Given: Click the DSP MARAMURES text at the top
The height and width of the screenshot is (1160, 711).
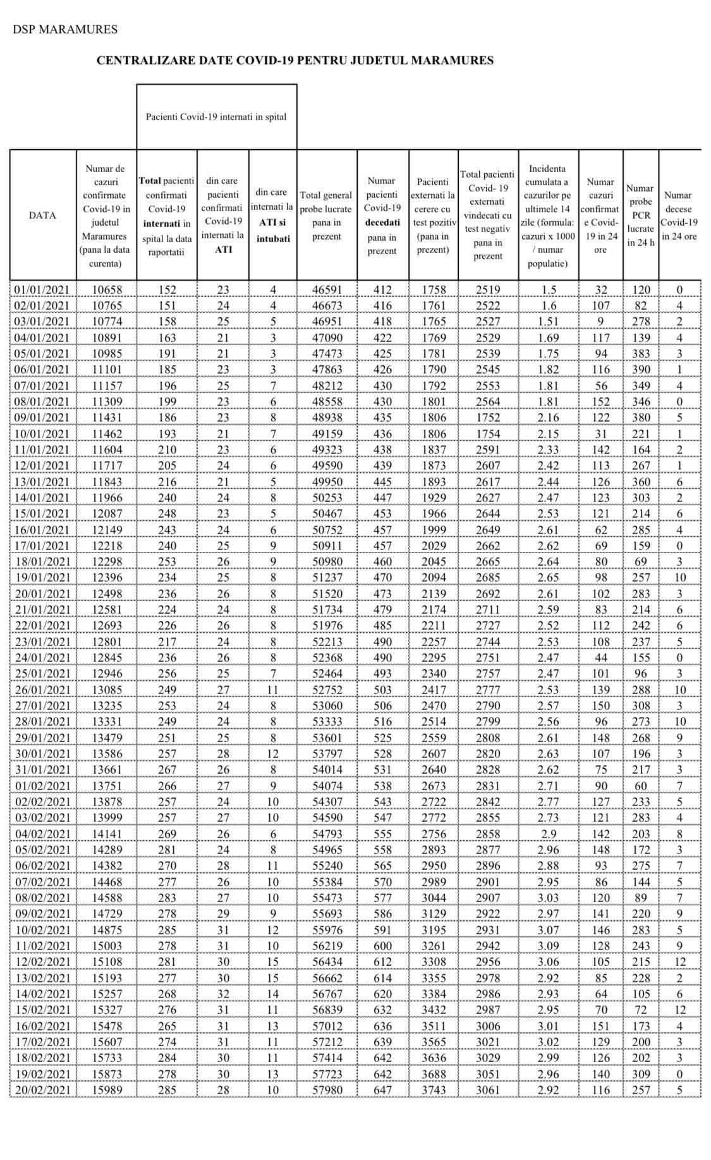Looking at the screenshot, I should pos(64,30).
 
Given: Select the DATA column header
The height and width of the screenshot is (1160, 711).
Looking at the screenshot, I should pos(42,215).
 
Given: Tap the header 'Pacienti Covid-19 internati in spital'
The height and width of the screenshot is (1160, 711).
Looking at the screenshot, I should pos(216,117).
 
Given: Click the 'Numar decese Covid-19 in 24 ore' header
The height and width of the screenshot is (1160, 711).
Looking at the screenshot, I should pos(679,215).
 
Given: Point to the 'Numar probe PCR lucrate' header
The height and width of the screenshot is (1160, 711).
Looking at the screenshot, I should pos(640,215).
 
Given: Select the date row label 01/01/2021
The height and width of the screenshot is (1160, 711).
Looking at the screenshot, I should pos(42,290).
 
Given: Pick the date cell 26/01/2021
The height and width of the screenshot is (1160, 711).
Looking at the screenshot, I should pos(42,690).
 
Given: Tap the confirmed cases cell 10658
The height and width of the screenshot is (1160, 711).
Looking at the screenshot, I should pos(106,290).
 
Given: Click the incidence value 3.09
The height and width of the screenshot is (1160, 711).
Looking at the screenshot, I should pos(548,946).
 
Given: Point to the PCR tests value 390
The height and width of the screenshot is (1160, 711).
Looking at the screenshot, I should pos(640,370).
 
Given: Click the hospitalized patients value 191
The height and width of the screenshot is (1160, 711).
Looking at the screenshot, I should pos(167,354).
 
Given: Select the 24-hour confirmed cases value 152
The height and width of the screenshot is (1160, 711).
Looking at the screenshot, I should pos(600,402).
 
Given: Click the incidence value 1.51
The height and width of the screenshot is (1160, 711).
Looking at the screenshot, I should pos(548,322).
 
